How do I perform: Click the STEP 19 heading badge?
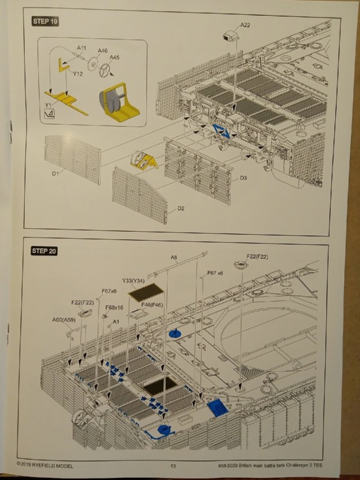(x=46, y=22)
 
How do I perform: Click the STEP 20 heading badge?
(x=46, y=251)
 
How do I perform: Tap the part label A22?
(x=245, y=25)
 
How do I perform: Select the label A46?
(x=102, y=51)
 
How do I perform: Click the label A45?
(x=114, y=57)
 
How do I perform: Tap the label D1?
(x=56, y=173)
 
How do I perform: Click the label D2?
(x=181, y=209)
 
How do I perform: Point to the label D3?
(x=244, y=178)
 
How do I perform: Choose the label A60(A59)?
(x=64, y=320)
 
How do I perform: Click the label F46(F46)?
(x=152, y=304)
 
